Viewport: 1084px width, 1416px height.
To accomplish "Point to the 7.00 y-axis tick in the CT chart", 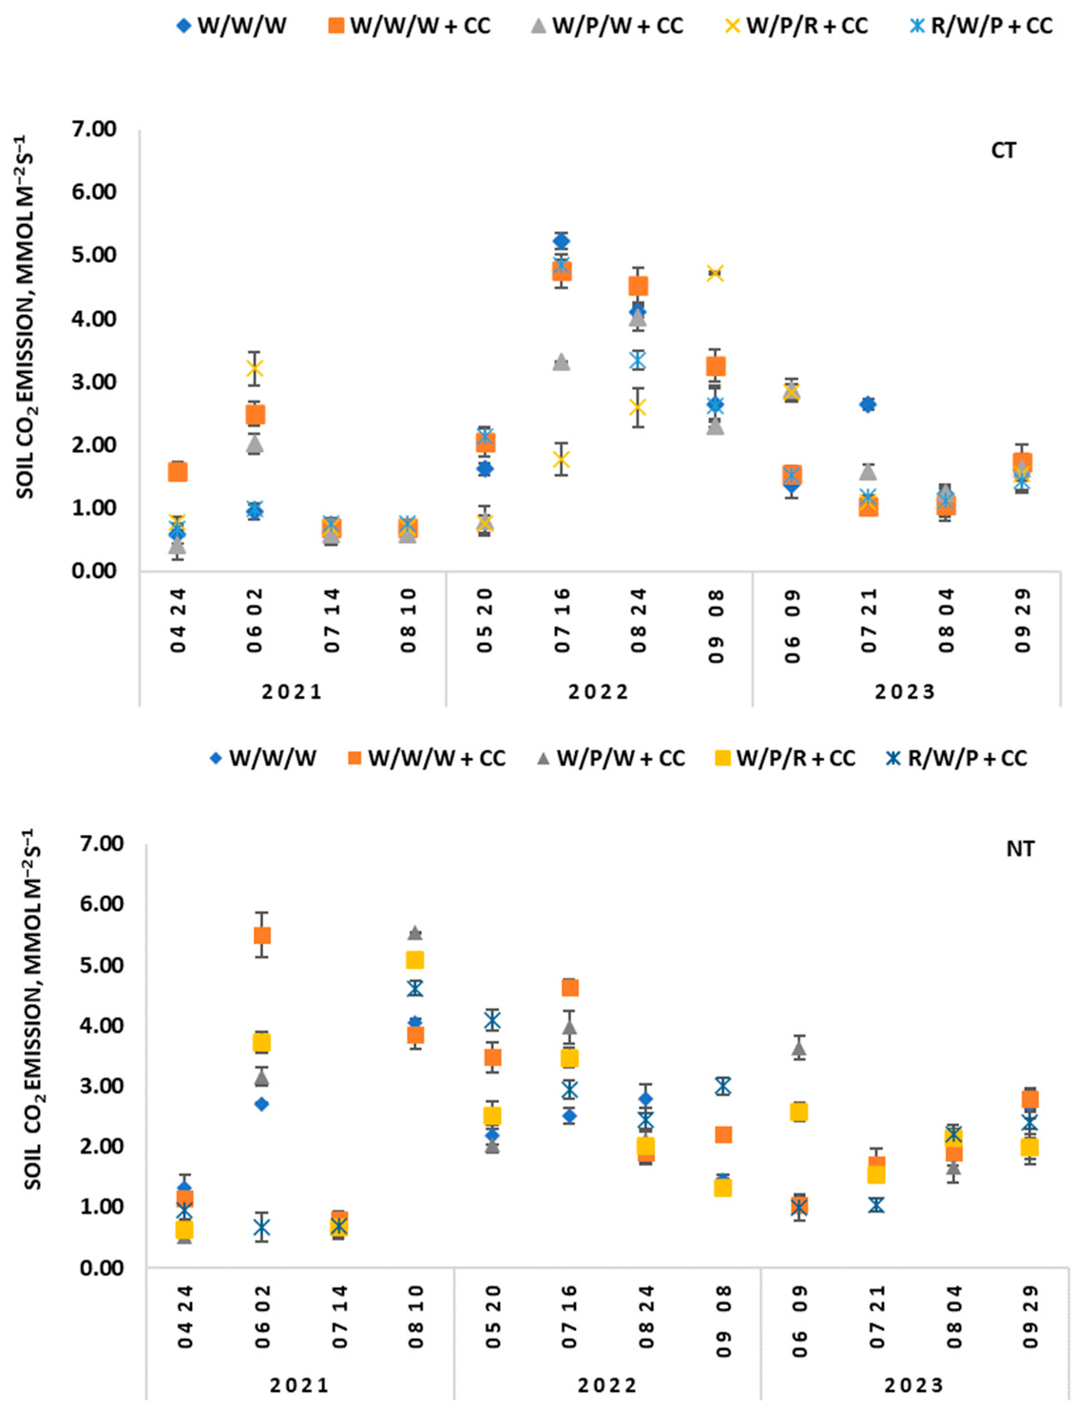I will click(94, 130).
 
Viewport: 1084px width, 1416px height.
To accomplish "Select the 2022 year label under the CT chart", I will click(598, 692).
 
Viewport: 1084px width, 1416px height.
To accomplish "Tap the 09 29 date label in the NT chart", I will click(1030, 1317).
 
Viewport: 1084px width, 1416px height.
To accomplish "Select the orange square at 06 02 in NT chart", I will click(262, 936).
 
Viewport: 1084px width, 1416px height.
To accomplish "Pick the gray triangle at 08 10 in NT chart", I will click(415, 933).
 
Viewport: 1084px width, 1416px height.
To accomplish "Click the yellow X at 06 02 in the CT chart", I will click(254, 369).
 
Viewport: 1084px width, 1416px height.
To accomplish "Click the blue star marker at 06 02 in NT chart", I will click(261, 1228).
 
